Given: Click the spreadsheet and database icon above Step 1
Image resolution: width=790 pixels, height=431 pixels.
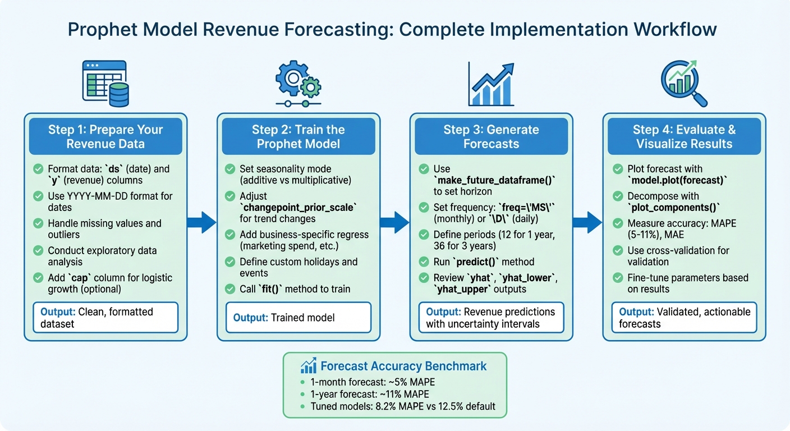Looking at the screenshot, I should [x=105, y=84].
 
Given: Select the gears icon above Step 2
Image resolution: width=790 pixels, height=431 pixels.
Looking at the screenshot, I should [x=298, y=84].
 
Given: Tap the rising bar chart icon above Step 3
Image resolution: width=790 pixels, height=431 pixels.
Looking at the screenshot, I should [x=491, y=84].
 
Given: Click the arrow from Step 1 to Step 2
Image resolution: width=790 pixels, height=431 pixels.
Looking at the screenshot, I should [x=202, y=223].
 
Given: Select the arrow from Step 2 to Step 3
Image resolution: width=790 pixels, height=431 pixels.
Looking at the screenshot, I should [x=395, y=223].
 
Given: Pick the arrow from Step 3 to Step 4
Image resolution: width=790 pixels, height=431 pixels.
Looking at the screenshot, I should [x=588, y=223].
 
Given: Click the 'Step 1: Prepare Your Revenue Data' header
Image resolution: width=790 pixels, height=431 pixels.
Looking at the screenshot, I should [x=105, y=136].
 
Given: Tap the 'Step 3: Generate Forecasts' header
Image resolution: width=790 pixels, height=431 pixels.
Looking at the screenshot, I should [x=491, y=136].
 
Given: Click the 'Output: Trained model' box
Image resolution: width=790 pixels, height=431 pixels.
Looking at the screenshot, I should [x=298, y=318].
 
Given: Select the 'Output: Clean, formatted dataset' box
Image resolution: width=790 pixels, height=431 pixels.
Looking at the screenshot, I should [x=105, y=318].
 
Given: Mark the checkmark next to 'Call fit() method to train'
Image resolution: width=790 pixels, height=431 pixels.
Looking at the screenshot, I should [x=230, y=289].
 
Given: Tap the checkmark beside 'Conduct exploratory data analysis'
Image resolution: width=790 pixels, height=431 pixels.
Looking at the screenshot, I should [x=38, y=250].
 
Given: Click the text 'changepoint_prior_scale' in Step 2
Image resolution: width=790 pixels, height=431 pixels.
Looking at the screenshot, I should [x=298, y=207].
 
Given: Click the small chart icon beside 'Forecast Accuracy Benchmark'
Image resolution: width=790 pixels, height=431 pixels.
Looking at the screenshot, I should [x=308, y=366].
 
